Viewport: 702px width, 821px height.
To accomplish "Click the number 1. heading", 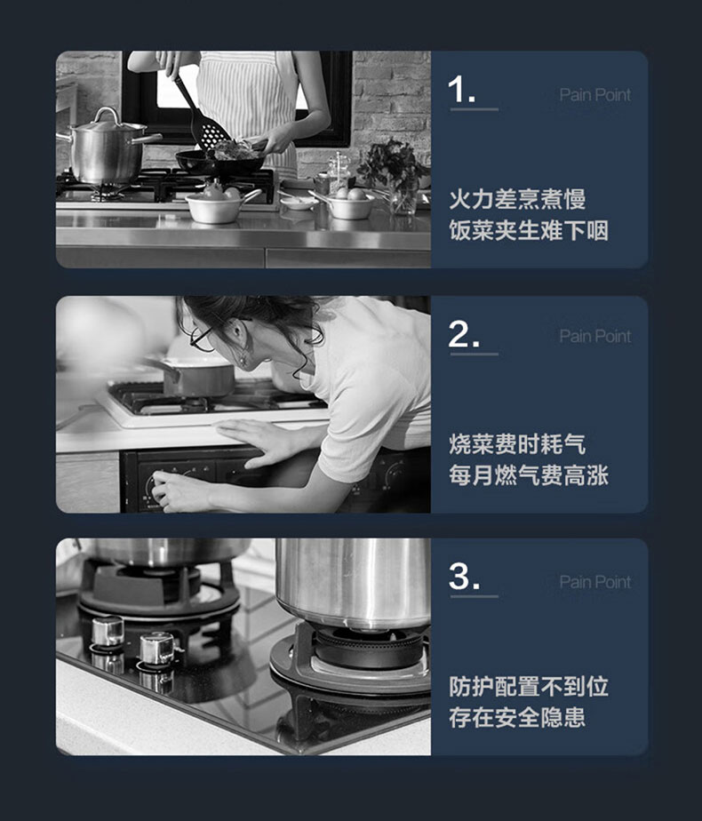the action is click(462, 89).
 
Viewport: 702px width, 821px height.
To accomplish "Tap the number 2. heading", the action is click(464, 334).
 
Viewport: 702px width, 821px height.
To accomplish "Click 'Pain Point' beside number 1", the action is click(595, 95).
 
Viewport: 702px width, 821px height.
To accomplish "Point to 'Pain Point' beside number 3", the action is click(595, 582).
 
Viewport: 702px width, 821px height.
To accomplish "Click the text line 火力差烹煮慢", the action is click(517, 199).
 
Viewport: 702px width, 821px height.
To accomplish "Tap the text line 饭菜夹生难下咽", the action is click(529, 230).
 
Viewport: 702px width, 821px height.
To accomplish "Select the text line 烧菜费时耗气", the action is click(517, 444).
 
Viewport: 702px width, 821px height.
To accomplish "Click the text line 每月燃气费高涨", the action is click(529, 475).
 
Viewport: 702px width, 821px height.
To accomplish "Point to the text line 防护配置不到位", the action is click(529, 687).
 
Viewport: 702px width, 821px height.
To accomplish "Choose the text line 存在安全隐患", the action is click(517, 717).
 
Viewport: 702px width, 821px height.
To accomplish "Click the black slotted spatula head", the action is click(212, 133).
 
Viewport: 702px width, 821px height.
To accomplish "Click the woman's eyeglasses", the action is click(202, 338).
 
